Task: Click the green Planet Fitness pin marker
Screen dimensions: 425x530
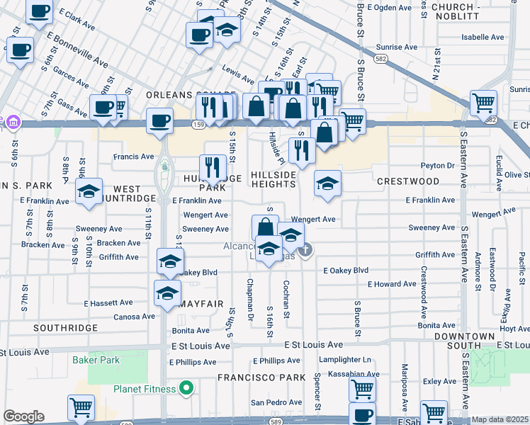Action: pos(186,387)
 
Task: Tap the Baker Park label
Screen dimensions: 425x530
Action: pos(96,360)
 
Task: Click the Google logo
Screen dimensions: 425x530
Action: pos(23,416)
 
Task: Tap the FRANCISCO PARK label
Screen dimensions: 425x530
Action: pos(260,378)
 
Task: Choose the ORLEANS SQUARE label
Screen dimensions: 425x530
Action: pos(190,94)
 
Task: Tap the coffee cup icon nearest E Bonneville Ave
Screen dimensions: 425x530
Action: pos(20,50)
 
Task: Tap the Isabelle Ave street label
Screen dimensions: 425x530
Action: pos(482,37)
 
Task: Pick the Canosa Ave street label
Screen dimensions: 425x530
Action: pos(133,317)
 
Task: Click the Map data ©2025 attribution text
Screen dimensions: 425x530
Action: pos(500,419)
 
